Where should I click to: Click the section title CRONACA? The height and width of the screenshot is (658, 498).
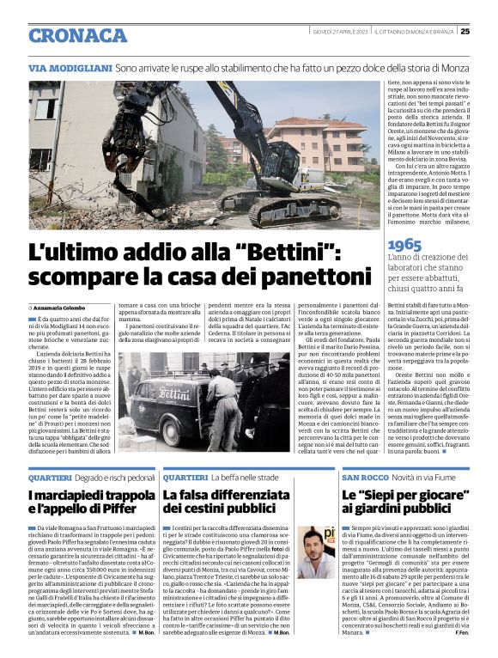78,35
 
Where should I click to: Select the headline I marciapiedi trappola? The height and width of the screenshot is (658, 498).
82,496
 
